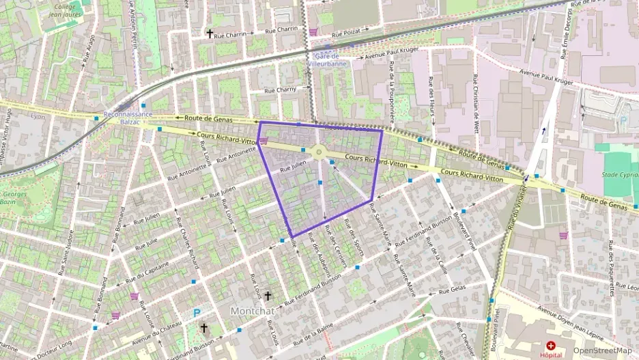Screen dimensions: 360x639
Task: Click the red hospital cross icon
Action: pos(550,346)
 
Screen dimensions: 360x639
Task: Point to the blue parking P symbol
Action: pos(197,314)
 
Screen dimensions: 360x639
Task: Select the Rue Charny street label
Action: pos(280,89)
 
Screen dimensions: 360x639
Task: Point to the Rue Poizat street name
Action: pos(345,33)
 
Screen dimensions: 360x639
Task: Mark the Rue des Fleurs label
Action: pos(431,92)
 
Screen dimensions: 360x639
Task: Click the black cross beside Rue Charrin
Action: pos(210,33)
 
